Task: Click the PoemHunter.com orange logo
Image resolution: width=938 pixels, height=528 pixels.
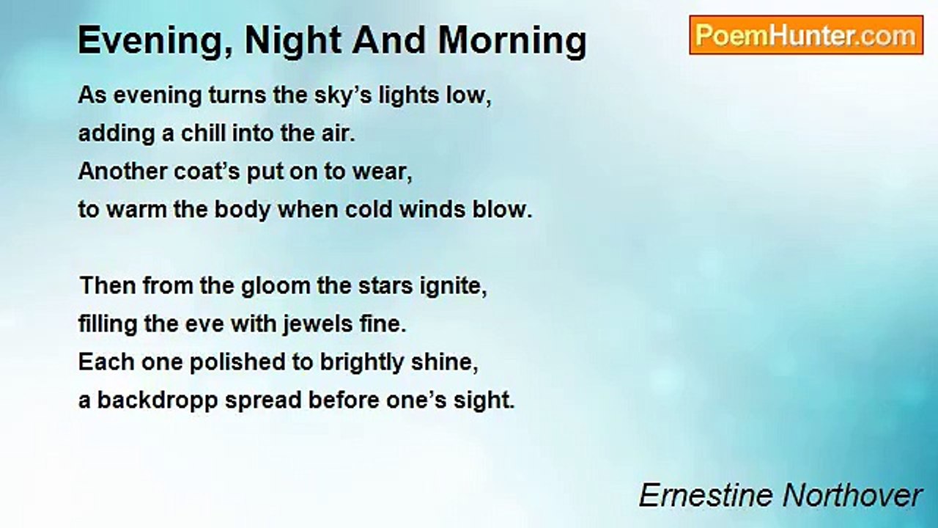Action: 806,35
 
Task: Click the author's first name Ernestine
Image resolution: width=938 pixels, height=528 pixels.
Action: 706,495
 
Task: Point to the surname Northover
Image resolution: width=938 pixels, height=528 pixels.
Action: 852,495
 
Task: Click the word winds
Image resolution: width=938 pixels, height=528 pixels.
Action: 432,210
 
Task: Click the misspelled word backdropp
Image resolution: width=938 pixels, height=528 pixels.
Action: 158,401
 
